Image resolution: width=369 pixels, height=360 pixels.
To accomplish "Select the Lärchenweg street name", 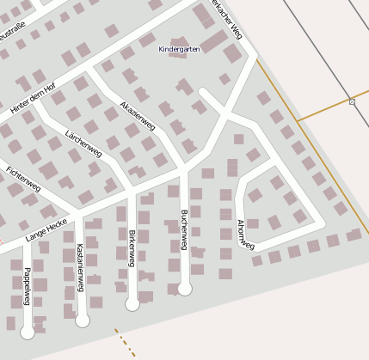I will pyautogui.click(x=83, y=144).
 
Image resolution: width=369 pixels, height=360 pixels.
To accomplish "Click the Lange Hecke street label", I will pyautogui.click(x=46, y=229).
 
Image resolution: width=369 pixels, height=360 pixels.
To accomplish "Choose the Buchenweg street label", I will pyautogui.click(x=183, y=229).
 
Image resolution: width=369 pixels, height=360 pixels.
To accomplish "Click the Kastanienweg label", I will pyautogui.click(x=79, y=267).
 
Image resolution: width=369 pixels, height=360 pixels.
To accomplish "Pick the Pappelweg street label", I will pyautogui.click(x=27, y=285).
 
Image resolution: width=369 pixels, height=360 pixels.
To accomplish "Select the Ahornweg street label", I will pyautogui.click(x=245, y=235).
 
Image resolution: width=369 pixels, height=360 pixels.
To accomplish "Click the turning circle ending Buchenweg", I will pyautogui.click(x=184, y=289).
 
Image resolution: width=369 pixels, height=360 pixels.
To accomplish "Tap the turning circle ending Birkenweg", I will pyautogui.click(x=132, y=303).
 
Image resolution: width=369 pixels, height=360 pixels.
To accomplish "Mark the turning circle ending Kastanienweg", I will pyautogui.click(x=83, y=320).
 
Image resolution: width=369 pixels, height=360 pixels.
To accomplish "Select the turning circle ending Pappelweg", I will pyautogui.click(x=28, y=331).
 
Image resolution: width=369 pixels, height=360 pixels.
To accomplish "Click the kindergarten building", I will pyautogui.click(x=180, y=40).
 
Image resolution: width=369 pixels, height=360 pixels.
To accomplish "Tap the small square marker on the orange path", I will pyautogui.click(x=352, y=102).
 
